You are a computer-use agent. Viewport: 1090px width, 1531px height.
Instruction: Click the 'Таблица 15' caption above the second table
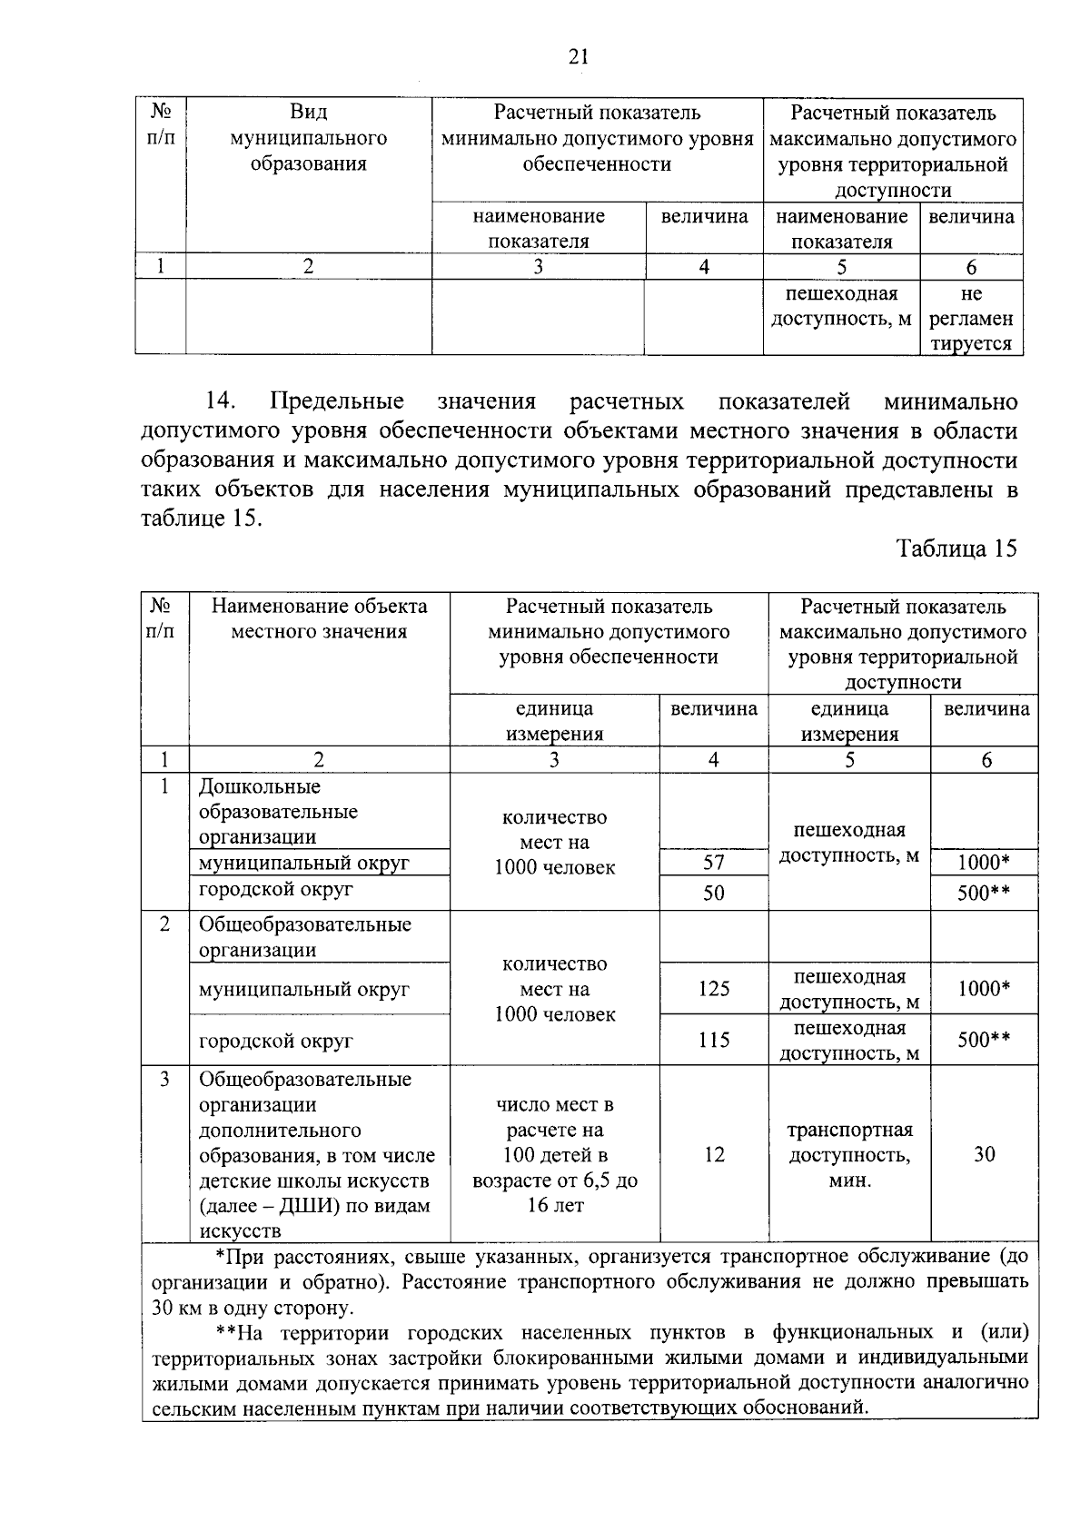(x=956, y=548)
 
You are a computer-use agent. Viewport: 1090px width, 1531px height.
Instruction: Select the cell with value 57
(x=714, y=863)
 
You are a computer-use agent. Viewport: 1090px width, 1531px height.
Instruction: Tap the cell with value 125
(x=714, y=988)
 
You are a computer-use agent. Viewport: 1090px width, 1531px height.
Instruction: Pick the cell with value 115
(x=714, y=1040)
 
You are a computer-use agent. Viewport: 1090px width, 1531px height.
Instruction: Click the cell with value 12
(x=714, y=1154)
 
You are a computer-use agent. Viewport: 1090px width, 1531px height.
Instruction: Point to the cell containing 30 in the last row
(x=984, y=1154)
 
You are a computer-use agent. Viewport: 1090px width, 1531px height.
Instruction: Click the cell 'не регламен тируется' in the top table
(x=971, y=319)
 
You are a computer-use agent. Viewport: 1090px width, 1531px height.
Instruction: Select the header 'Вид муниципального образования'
(x=308, y=138)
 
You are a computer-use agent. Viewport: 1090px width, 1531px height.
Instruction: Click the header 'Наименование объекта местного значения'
(x=319, y=618)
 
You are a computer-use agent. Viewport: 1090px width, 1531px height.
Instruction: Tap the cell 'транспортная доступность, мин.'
(x=849, y=1155)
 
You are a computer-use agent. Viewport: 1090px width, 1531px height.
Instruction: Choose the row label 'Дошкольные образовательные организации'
(x=278, y=811)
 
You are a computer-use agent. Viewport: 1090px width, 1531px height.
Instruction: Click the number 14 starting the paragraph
(x=222, y=401)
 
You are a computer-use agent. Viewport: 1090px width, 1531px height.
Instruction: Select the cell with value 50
(x=714, y=893)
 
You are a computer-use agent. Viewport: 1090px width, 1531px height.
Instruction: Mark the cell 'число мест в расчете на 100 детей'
(x=554, y=1155)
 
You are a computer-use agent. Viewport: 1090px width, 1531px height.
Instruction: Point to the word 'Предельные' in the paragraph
(x=338, y=401)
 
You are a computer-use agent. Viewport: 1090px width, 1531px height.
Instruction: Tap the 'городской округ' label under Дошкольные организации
(x=275, y=889)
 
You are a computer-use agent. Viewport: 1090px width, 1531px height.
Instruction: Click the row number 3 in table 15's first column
(x=164, y=1080)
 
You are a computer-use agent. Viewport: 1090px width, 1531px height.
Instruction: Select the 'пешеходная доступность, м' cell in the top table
(x=841, y=306)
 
